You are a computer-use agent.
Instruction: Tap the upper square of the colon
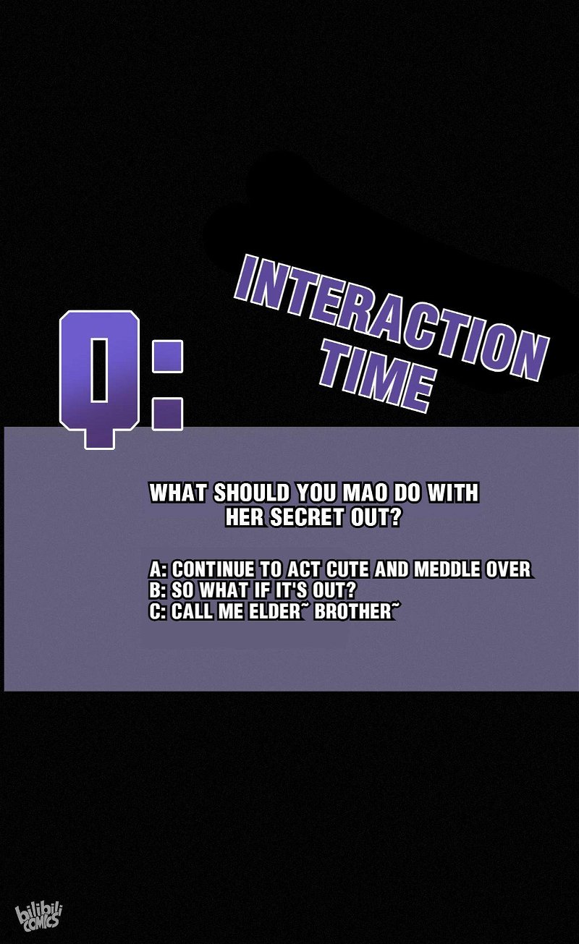coord(167,357)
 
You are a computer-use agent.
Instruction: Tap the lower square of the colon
coord(167,414)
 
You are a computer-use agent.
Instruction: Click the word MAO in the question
coord(364,493)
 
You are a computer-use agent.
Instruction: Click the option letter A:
coord(158,569)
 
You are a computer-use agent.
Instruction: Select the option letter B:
coord(158,590)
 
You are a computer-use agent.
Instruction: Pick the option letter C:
coord(158,611)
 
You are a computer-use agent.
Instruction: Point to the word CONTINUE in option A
coord(214,569)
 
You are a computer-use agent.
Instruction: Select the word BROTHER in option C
coord(353,611)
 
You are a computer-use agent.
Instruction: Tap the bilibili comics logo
coord(39,915)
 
